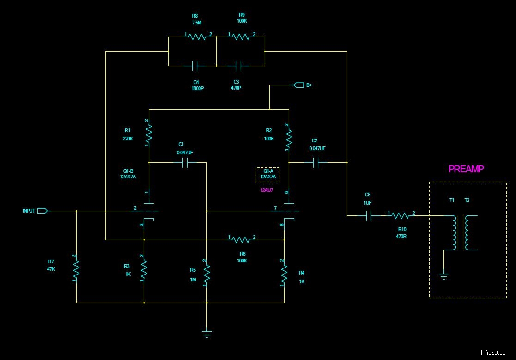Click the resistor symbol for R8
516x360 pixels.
point(198,37)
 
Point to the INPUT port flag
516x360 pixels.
point(42,211)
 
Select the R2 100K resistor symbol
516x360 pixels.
point(289,137)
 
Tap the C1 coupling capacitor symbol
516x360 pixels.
point(187,163)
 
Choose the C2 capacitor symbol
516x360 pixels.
point(316,163)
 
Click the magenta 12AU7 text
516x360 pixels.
point(267,189)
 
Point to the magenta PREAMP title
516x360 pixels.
point(466,169)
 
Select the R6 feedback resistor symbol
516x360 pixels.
point(242,240)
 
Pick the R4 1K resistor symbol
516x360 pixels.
point(284,273)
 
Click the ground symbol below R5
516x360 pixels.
point(207,333)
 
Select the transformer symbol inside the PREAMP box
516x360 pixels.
point(461,232)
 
